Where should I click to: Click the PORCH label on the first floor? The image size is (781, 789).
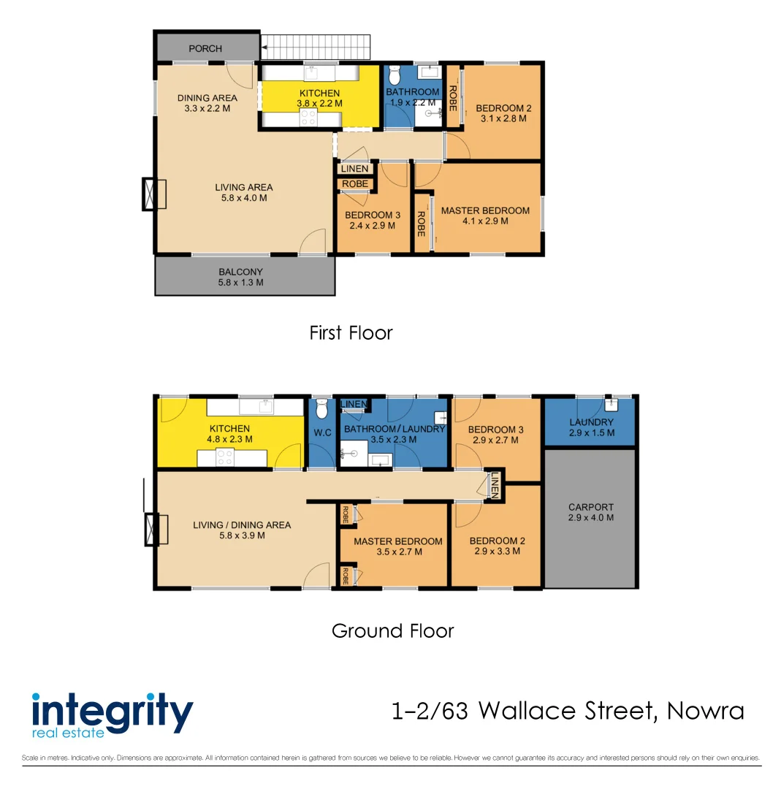(x=205, y=49)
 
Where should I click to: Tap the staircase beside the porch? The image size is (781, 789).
(x=316, y=47)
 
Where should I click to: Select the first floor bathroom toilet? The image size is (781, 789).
(x=395, y=76)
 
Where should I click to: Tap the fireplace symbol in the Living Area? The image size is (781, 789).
(x=153, y=194)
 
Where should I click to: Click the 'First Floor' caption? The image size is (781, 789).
(x=351, y=333)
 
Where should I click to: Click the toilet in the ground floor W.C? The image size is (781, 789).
(x=321, y=410)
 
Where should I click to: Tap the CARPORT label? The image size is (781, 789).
(x=591, y=512)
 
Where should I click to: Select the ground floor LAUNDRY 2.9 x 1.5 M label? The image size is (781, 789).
(x=591, y=427)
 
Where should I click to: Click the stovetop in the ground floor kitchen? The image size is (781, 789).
(x=224, y=458)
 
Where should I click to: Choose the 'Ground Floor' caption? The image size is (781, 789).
(x=392, y=631)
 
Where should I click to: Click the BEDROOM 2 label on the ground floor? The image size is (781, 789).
(x=497, y=541)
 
